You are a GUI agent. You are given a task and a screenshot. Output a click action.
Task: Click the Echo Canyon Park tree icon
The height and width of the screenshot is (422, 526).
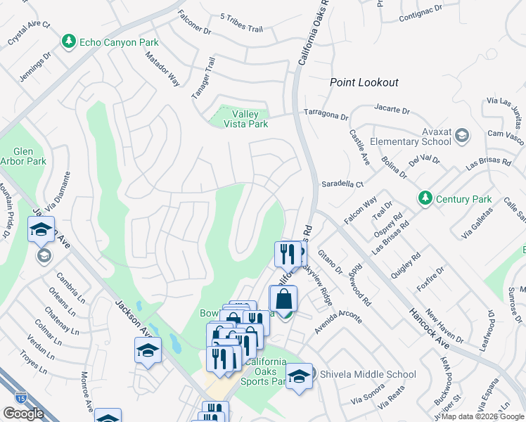pos(69,42)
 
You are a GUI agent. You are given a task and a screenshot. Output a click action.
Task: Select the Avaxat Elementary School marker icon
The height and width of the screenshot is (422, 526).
pos(462,135)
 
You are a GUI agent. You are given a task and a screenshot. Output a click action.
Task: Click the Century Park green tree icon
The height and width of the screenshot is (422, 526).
pos(425,199)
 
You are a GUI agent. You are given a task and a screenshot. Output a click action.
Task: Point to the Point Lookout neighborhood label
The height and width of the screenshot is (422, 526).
pos(364,82)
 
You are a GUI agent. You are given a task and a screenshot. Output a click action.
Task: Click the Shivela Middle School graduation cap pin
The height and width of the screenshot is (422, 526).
pos(299,376)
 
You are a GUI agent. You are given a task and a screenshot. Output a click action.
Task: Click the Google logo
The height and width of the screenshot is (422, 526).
pos(23,414)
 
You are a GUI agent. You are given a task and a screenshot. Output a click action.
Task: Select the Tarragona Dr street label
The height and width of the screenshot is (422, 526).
pos(326,113)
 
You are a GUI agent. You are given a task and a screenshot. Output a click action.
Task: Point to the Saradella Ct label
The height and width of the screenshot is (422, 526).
pos(341,184)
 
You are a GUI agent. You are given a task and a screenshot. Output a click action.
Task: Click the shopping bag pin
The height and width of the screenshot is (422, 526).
pos(283,299)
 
